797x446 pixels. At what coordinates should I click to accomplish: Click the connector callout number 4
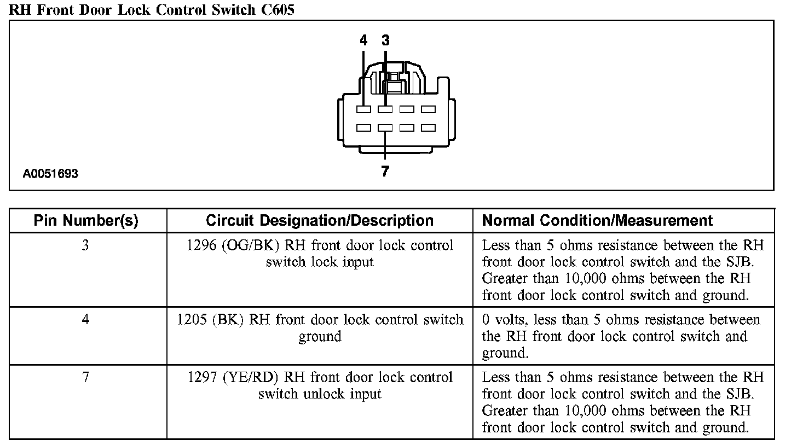(363, 40)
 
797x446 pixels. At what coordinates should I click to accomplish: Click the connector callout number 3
(385, 40)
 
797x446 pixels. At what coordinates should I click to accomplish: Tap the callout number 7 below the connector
(385, 172)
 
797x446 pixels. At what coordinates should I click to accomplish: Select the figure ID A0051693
(50, 174)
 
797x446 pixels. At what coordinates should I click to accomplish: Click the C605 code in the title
(277, 10)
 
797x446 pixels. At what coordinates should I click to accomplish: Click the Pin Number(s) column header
(86, 221)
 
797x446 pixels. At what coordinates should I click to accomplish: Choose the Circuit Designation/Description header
(320, 221)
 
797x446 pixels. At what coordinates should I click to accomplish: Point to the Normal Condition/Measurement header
(597, 221)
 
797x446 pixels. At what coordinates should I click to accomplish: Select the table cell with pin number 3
(86, 246)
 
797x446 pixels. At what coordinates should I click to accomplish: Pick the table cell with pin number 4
(86, 320)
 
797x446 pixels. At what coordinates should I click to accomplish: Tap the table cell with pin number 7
(86, 378)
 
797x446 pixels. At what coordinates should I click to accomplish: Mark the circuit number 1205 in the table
(192, 320)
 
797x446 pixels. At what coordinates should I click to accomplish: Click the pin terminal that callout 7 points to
(385, 128)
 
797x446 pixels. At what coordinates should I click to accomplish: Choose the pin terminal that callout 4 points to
(363, 109)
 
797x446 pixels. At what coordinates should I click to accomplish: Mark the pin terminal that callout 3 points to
(385, 109)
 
